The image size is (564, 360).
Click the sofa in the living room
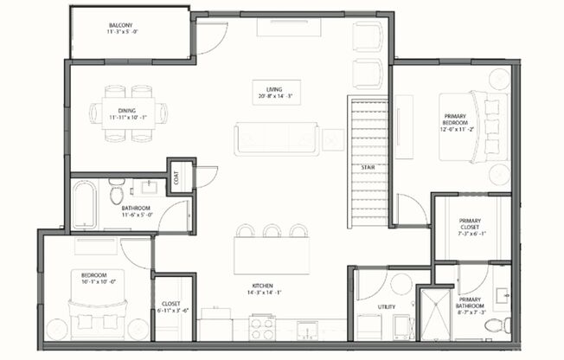(x=277, y=139)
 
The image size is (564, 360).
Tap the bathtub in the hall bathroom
(x=85, y=204)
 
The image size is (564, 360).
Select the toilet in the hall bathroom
(x=117, y=192)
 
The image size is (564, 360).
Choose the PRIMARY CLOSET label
(x=470, y=227)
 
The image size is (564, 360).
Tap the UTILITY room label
(x=387, y=307)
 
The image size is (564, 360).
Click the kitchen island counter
(x=272, y=256)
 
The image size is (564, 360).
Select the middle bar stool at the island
(x=272, y=230)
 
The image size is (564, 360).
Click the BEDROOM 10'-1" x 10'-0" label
(x=97, y=279)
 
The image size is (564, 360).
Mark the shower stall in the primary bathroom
(x=433, y=313)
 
